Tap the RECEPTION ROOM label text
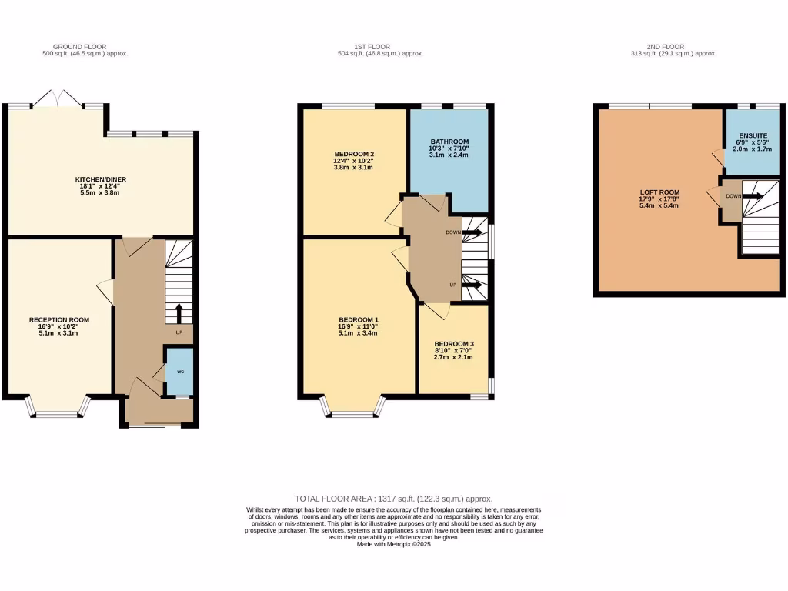[59, 319]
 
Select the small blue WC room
[180, 371]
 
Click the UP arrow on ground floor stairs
[179, 312]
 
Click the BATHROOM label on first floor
[449, 142]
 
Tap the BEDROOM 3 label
[453, 344]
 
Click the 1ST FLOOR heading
[380, 47]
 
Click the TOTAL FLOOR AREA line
[393, 499]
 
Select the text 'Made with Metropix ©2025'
[394, 544]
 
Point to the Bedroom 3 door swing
[438, 309]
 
